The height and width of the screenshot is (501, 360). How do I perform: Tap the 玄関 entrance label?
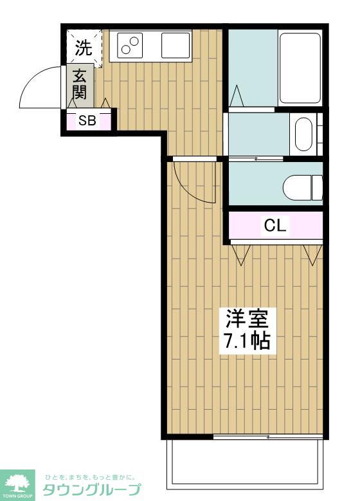[x=80, y=84]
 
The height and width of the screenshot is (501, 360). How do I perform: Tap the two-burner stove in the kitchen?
[x=130, y=45]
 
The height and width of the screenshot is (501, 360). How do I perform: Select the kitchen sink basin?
[x=175, y=45]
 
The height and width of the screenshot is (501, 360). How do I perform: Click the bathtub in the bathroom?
[x=300, y=67]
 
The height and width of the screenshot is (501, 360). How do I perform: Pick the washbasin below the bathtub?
[x=303, y=134]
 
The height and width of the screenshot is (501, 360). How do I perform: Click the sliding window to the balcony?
[x=267, y=437]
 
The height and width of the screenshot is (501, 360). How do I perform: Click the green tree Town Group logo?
[x=19, y=483]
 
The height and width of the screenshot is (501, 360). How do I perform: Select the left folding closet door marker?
[x=242, y=255]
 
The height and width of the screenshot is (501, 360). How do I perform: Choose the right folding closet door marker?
[x=313, y=255]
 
